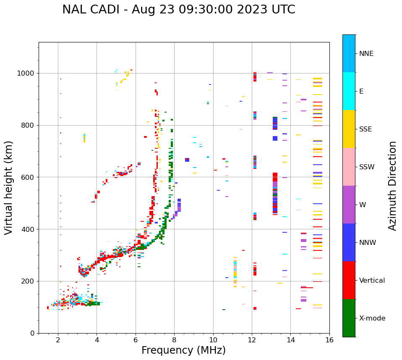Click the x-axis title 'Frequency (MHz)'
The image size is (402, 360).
(x=183, y=350)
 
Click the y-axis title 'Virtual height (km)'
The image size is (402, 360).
(x=9, y=187)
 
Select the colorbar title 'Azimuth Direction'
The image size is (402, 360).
(x=392, y=185)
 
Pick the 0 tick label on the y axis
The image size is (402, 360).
(x=32, y=333)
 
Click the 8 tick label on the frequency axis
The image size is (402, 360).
(x=174, y=340)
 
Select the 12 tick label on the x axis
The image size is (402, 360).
(x=252, y=340)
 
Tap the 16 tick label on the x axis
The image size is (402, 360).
(x=329, y=340)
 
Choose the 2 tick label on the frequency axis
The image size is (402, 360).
(x=58, y=340)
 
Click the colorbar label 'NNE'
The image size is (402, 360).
(x=366, y=54)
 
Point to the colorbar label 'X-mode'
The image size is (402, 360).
(x=372, y=318)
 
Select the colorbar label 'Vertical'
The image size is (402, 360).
(x=372, y=281)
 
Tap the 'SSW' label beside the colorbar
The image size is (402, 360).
(x=366, y=167)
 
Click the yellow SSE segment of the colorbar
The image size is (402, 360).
(x=349, y=129)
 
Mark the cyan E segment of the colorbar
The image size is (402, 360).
(x=349, y=91)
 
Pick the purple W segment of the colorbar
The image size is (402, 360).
(x=349, y=205)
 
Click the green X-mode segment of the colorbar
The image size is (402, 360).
(x=349, y=318)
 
